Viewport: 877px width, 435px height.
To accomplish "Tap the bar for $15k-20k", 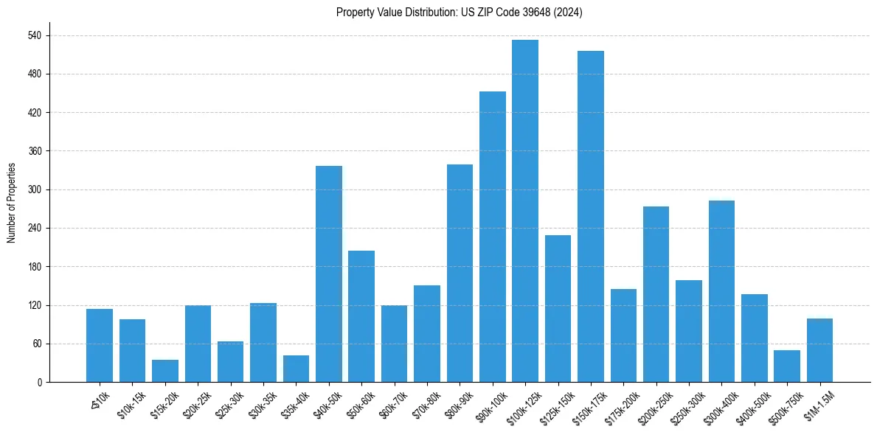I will coord(165,371).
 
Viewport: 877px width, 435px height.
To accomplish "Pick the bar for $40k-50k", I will coord(329,274).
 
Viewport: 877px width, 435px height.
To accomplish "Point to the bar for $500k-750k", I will coord(787,366).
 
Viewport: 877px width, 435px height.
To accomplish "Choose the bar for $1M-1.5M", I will coord(819,350).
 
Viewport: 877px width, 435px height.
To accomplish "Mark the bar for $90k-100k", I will coord(493,237).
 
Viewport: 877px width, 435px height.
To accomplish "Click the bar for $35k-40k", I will coord(296,369).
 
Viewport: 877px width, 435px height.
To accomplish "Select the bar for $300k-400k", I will coord(721,291).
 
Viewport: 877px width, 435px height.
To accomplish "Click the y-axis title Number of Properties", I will coord(12,203).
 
